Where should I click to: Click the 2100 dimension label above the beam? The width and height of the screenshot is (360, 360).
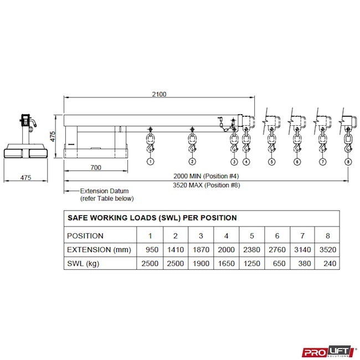click(159, 94)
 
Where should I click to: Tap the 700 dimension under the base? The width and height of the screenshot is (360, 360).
click(96, 168)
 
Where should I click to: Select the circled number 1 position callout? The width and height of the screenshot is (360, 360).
click(151, 162)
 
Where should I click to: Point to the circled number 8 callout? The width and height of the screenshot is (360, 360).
click(348, 162)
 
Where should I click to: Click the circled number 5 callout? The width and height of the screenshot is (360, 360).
click(271, 162)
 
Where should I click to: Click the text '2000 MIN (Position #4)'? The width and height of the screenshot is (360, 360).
click(206, 176)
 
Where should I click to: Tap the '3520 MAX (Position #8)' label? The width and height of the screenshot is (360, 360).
click(207, 185)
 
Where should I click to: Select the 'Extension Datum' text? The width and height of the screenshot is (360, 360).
click(104, 191)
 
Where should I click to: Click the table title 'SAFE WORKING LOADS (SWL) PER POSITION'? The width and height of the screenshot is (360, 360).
click(152, 218)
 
